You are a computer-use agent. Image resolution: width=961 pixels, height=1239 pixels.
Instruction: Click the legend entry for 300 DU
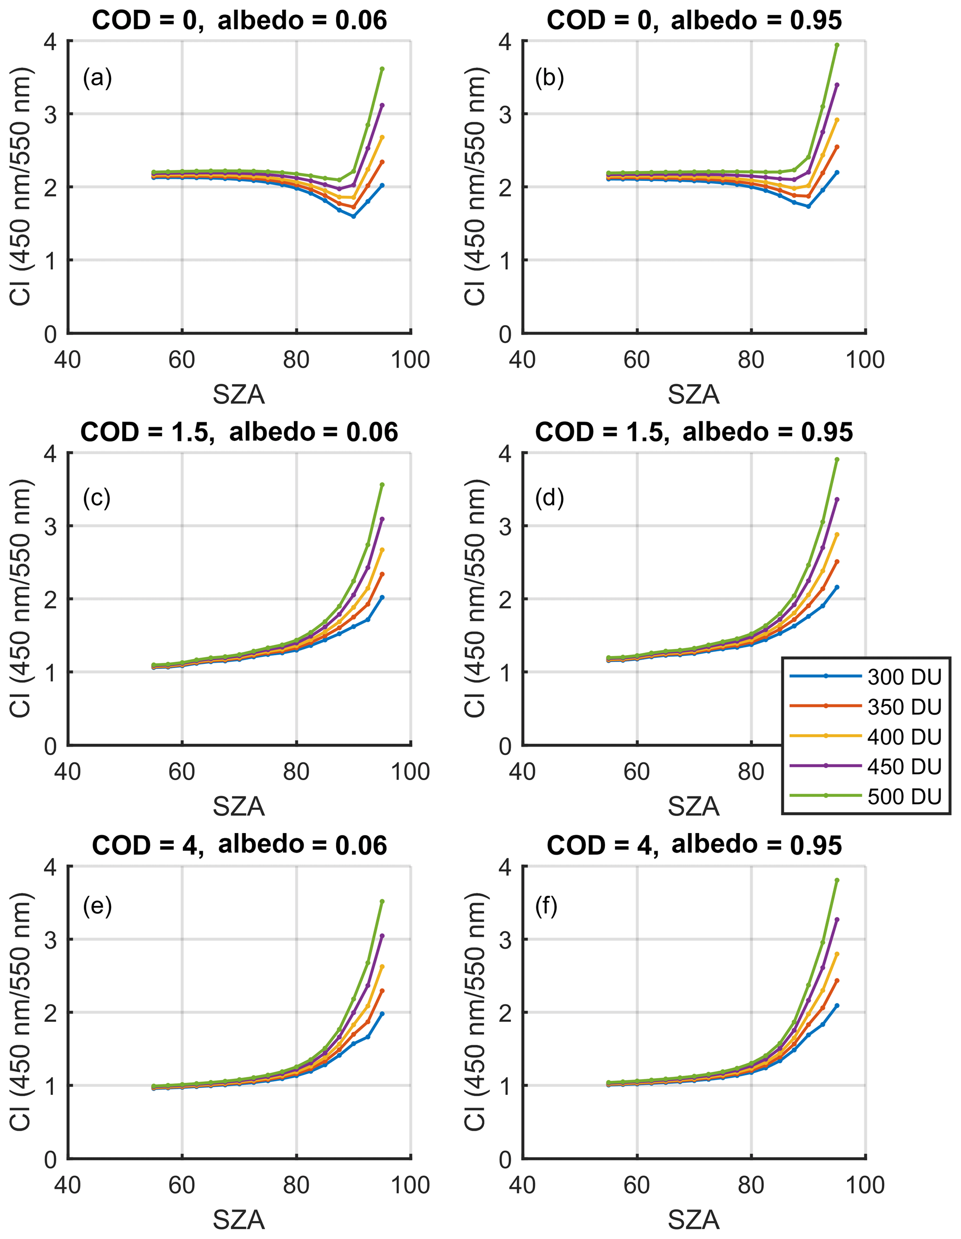pyautogui.click(x=866, y=676)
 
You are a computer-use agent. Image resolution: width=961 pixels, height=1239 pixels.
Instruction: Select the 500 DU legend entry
pyautogui.click(x=866, y=796)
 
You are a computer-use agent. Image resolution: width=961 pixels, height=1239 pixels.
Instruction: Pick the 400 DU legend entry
pyautogui.click(x=866, y=736)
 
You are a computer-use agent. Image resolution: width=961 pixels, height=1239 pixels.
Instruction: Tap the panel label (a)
pyautogui.click(x=98, y=77)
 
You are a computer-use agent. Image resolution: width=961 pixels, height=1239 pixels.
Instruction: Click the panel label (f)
pyautogui.click(x=546, y=906)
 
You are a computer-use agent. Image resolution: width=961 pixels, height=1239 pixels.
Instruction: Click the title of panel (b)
pyautogui.click(x=694, y=20)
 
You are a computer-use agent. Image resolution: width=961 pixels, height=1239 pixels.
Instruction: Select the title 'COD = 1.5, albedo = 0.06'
pyautogui.click(x=239, y=432)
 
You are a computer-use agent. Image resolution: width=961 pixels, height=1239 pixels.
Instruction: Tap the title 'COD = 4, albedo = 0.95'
pyautogui.click(x=694, y=845)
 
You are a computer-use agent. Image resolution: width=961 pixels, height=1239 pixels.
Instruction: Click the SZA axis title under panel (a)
pyautogui.click(x=239, y=394)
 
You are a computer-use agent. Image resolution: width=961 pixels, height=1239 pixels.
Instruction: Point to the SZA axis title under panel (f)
pyautogui.click(x=694, y=1219)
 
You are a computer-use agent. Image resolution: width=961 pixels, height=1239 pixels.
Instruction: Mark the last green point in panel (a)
pyautogui.click(x=382, y=69)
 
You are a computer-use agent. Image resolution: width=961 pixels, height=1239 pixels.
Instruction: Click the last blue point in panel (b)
pyautogui.click(x=837, y=172)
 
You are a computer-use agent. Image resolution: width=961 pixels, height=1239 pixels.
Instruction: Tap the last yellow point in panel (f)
pyautogui.click(x=837, y=954)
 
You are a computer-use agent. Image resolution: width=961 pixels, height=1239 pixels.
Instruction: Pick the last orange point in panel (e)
pyautogui.click(x=382, y=991)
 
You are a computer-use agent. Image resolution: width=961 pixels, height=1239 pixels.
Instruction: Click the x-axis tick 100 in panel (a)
pyautogui.click(x=410, y=360)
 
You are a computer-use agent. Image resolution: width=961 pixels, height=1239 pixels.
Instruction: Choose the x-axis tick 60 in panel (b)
pyautogui.click(x=636, y=360)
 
